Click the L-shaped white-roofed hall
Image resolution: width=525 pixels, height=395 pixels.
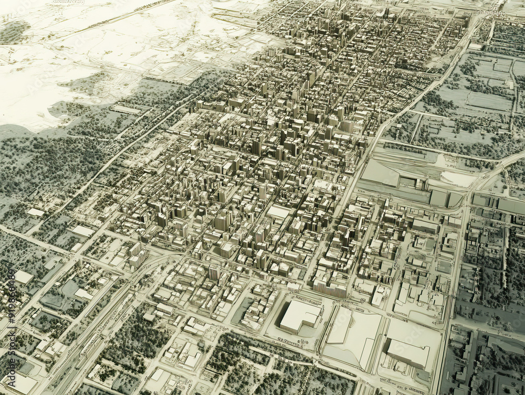299,315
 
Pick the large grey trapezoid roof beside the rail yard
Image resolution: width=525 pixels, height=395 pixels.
380,173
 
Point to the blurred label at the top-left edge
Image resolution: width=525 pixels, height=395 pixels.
68,2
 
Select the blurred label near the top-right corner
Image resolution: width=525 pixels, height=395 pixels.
488,12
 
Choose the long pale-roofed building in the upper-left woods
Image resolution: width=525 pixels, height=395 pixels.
126,110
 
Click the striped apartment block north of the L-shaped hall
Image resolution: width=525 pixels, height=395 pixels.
330,288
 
